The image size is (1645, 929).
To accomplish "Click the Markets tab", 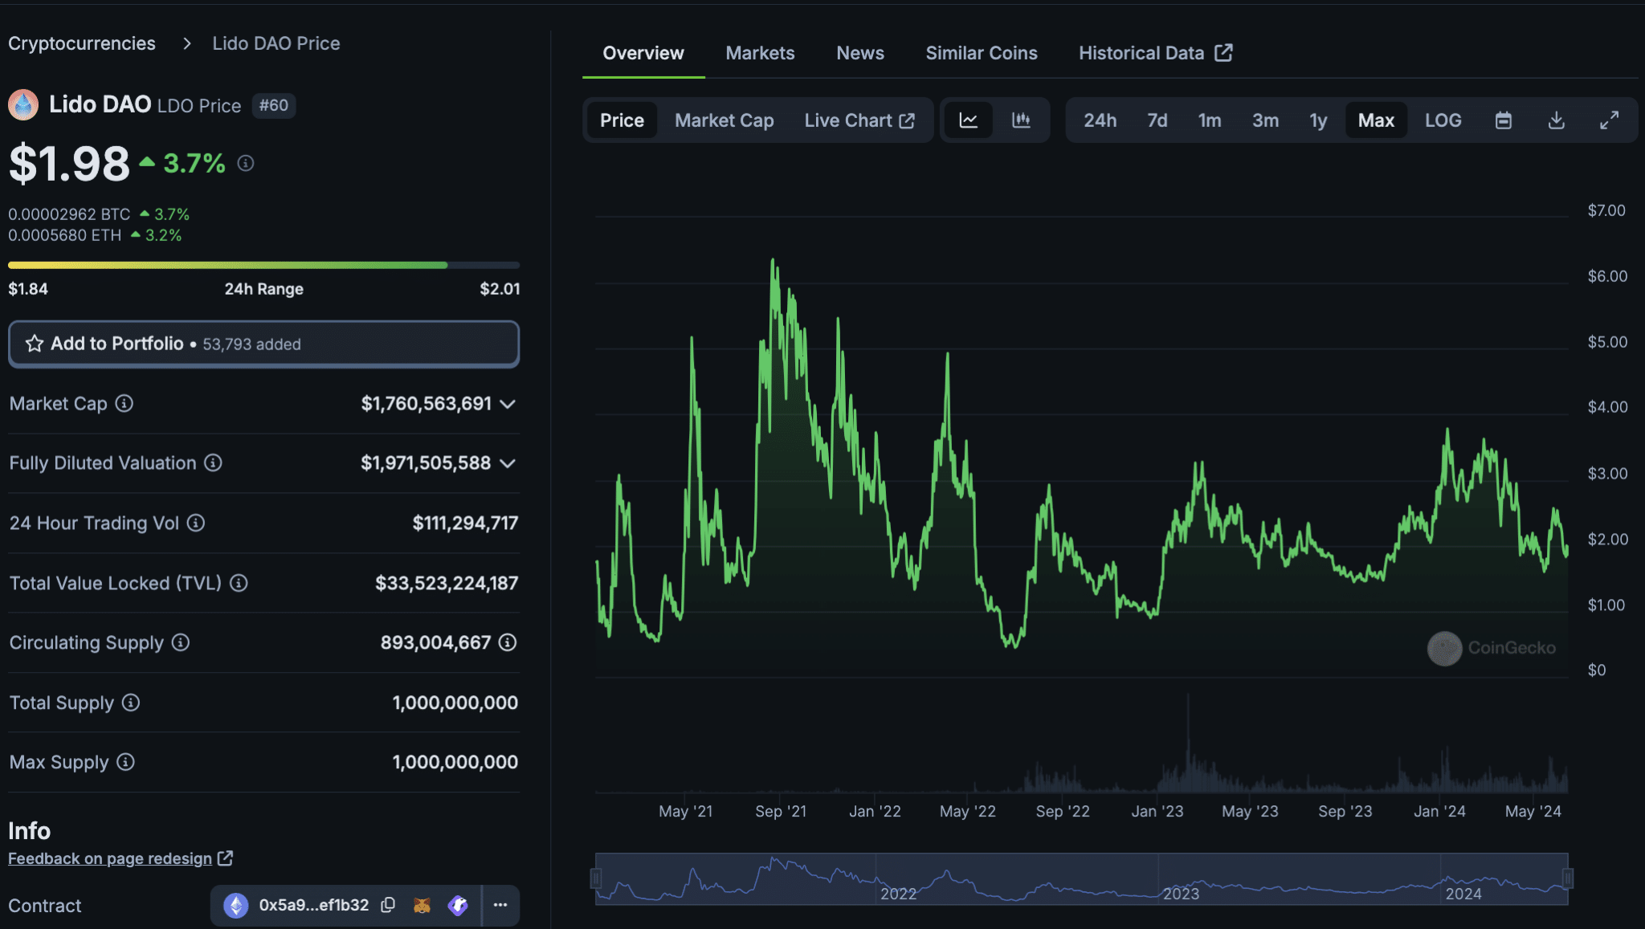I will (x=760, y=53).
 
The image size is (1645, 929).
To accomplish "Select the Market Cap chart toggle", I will (x=724, y=120).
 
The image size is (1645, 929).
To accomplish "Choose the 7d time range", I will (x=1157, y=120).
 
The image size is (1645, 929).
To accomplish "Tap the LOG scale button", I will (x=1443, y=120).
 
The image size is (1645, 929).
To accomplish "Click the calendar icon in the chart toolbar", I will (x=1503, y=120).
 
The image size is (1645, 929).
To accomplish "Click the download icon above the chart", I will (x=1556, y=120).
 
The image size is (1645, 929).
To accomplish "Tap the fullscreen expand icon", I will (x=1609, y=120).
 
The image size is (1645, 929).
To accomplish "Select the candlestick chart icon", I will (x=1021, y=120).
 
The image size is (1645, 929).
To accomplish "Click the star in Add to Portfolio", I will (x=35, y=344).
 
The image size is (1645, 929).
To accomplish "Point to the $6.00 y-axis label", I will (x=1607, y=276).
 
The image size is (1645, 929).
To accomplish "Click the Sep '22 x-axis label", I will (x=1062, y=811).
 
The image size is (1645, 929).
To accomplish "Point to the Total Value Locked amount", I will (x=447, y=583).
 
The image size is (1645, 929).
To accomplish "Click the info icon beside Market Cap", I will (x=124, y=403).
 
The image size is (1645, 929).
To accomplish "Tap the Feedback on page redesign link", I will (x=110, y=858).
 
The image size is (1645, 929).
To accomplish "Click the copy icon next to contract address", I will (x=388, y=905).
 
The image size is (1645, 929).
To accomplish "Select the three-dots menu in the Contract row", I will (x=500, y=905).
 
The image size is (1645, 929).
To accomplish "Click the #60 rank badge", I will (x=274, y=105).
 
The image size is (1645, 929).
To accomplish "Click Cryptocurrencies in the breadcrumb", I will (x=82, y=43).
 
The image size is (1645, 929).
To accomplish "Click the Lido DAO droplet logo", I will (x=23, y=105).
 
